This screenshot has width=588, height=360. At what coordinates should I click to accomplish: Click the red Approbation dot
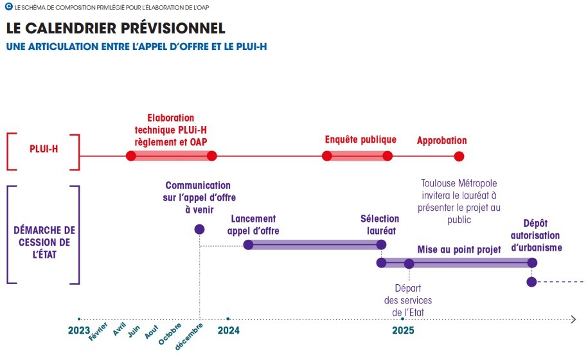click(x=459, y=156)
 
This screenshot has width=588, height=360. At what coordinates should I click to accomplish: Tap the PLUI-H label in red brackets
click(x=44, y=150)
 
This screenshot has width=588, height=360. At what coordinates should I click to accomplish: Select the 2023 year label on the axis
click(x=78, y=330)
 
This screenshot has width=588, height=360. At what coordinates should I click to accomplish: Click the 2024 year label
click(x=228, y=330)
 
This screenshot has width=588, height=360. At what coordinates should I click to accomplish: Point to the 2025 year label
click(x=403, y=330)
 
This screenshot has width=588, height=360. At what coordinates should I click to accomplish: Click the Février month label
click(x=98, y=332)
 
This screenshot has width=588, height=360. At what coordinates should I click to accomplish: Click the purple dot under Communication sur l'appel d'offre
click(x=199, y=229)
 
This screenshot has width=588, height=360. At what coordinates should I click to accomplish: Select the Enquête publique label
click(x=361, y=139)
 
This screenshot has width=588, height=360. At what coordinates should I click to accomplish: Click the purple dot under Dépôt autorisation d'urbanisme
click(x=531, y=282)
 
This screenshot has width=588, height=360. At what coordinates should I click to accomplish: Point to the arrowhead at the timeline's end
click(x=573, y=319)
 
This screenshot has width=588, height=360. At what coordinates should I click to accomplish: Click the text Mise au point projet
click(x=459, y=249)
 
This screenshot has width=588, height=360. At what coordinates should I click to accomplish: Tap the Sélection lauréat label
click(x=380, y=224)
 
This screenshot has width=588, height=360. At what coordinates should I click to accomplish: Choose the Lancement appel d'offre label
click(x=253, y=224)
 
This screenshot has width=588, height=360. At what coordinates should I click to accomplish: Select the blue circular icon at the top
click(x=8, y=6)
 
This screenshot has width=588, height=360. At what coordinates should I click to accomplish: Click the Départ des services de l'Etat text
click(x=408, y=300)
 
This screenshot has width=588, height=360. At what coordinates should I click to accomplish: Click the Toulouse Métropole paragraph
click(x=459, y=201)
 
